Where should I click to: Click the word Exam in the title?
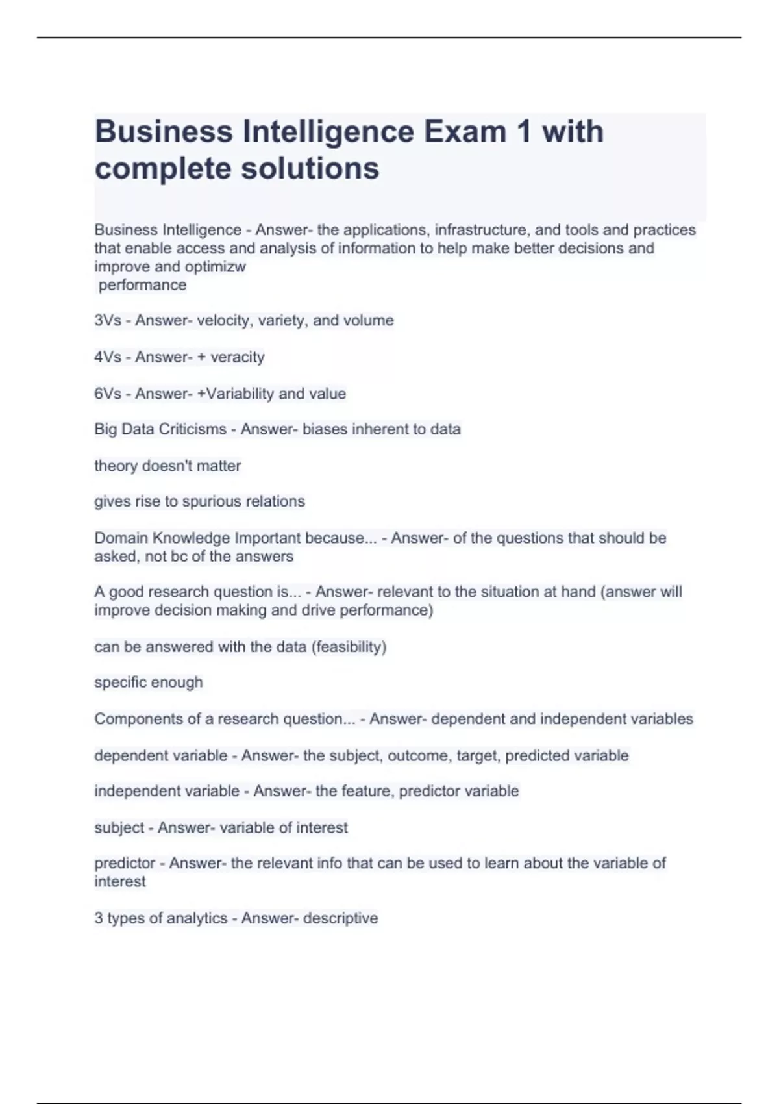click(465, 132)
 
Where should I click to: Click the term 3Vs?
click(108, 321)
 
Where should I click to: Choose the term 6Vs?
click(108, 394)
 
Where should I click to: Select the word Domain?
click(117, 538)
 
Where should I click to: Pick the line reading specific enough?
click(149, 683)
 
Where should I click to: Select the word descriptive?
click(340, 918)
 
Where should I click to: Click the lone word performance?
click(142, 285)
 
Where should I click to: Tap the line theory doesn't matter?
click(167, 466)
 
